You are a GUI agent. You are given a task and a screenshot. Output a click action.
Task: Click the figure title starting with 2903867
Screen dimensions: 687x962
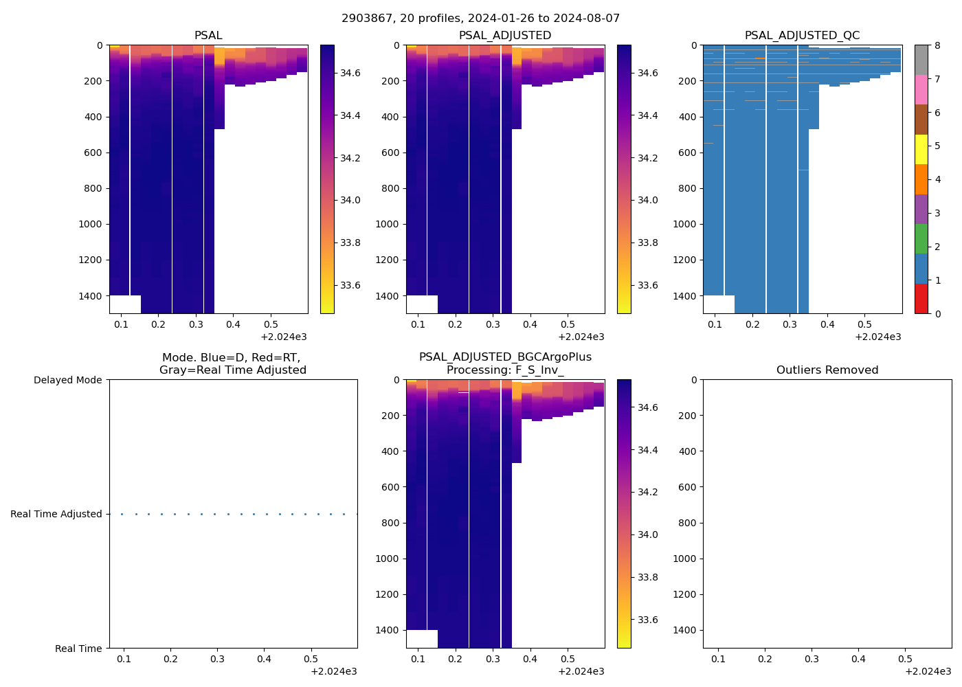480,19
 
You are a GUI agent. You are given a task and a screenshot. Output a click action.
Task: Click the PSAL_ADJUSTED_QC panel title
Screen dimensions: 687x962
802,36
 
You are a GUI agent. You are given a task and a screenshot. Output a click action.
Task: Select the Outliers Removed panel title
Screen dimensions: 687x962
827,370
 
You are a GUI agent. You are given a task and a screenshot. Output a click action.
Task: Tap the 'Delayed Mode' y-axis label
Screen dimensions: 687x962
67,381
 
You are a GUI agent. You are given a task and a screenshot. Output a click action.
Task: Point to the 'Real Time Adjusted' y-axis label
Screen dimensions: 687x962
56,515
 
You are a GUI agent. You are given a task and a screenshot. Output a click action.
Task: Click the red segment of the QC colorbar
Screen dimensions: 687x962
921,299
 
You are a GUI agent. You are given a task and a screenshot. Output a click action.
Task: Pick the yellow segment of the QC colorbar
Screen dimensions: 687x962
921,149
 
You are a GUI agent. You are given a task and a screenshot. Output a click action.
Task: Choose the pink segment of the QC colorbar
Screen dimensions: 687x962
921,89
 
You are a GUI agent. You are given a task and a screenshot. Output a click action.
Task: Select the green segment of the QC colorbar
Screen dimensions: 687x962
921,239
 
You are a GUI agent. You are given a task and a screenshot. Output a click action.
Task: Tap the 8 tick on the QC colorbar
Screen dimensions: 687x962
937,46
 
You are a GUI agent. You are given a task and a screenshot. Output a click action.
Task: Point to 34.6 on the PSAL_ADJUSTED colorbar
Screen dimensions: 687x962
647,73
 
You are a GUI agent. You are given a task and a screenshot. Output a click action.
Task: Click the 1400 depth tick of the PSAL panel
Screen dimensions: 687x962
90,296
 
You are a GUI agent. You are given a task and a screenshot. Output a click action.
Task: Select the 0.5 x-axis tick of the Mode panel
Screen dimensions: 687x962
311,660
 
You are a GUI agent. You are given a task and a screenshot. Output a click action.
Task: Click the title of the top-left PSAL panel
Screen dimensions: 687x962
208,36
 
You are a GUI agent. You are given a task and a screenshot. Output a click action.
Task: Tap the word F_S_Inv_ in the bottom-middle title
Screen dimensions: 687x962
539,370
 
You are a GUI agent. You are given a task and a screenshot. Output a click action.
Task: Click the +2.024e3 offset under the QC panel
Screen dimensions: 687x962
877,337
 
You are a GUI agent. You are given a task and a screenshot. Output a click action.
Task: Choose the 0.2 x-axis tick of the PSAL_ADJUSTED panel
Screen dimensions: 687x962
455,325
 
